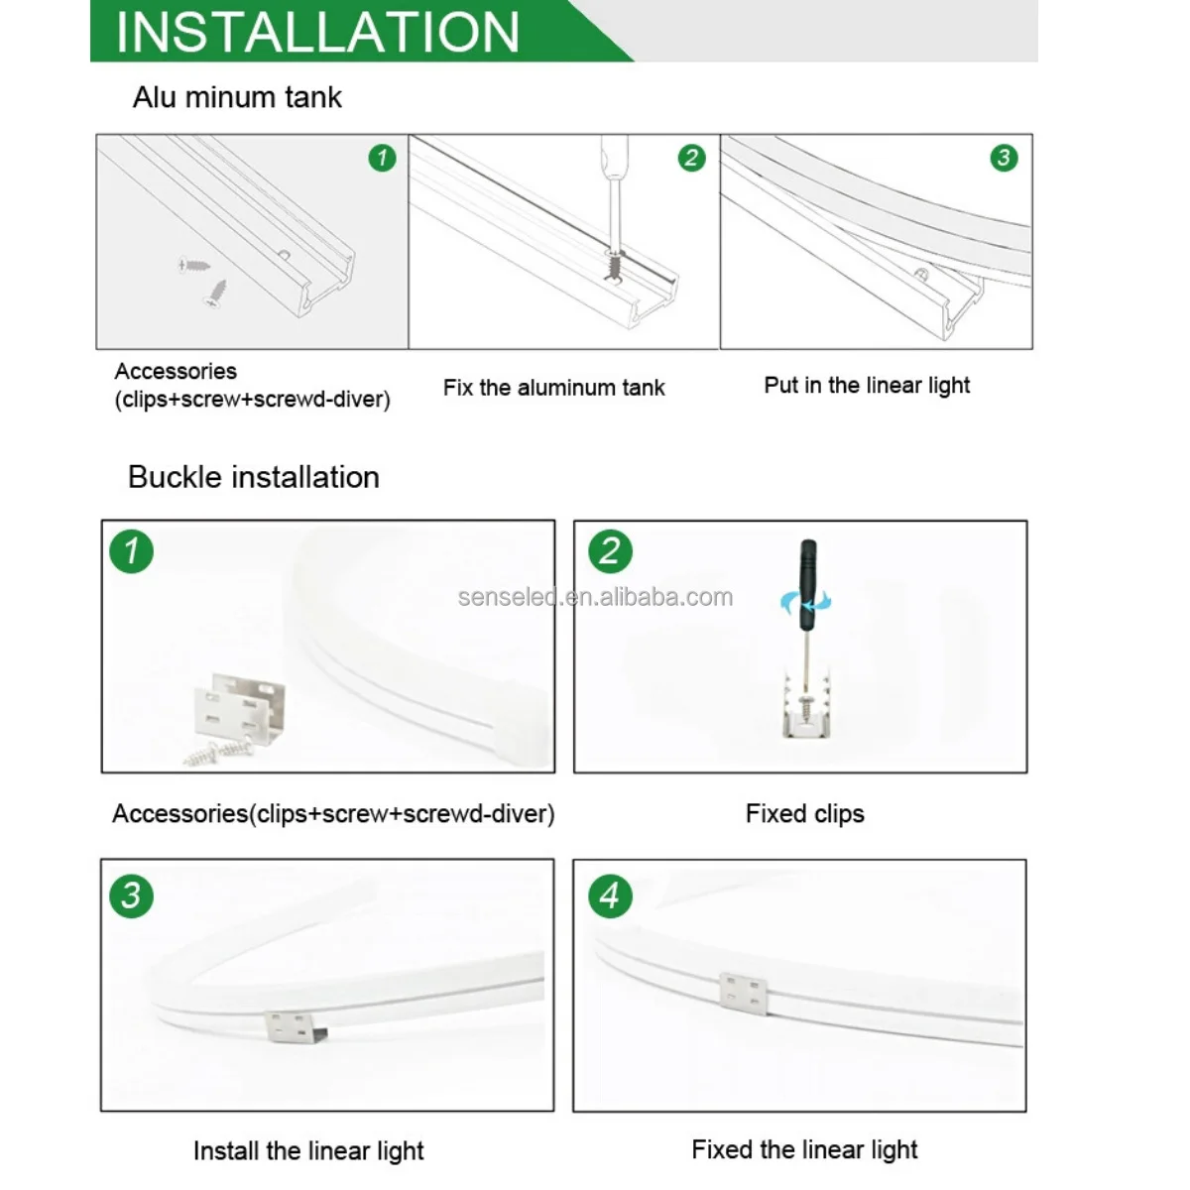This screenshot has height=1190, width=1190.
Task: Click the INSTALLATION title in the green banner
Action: tap(317, 32)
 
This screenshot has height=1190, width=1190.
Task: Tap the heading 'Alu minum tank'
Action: tap(237, 97)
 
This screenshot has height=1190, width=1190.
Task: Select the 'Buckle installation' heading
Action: tap(253, 477)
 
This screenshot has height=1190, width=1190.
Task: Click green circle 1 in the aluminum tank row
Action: tap(382, 158)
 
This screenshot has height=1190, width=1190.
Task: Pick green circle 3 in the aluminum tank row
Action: tap(1004, 158)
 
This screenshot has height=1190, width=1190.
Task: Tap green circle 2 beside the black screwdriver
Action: tap(610, 550)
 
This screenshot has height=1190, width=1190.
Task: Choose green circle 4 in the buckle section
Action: tap(610, 895)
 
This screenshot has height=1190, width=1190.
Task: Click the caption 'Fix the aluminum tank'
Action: tap(554, 388)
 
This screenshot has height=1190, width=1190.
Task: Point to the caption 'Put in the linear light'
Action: tap(867, 386)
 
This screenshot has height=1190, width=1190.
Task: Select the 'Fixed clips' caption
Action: tap(804, 813)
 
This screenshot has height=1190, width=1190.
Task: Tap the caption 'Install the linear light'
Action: tap(308, 1151)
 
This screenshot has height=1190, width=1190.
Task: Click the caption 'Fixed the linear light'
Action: tap(804, 1150)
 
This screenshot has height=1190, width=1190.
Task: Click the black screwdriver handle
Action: tap(808, 585)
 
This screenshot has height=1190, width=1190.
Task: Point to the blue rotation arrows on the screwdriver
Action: tap(806, 602)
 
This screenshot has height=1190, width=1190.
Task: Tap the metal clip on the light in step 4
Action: tap(744, 994)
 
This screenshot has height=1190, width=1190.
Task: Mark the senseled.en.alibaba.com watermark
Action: tap(595, 597)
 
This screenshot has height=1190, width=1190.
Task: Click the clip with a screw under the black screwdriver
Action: tap(806, 704)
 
